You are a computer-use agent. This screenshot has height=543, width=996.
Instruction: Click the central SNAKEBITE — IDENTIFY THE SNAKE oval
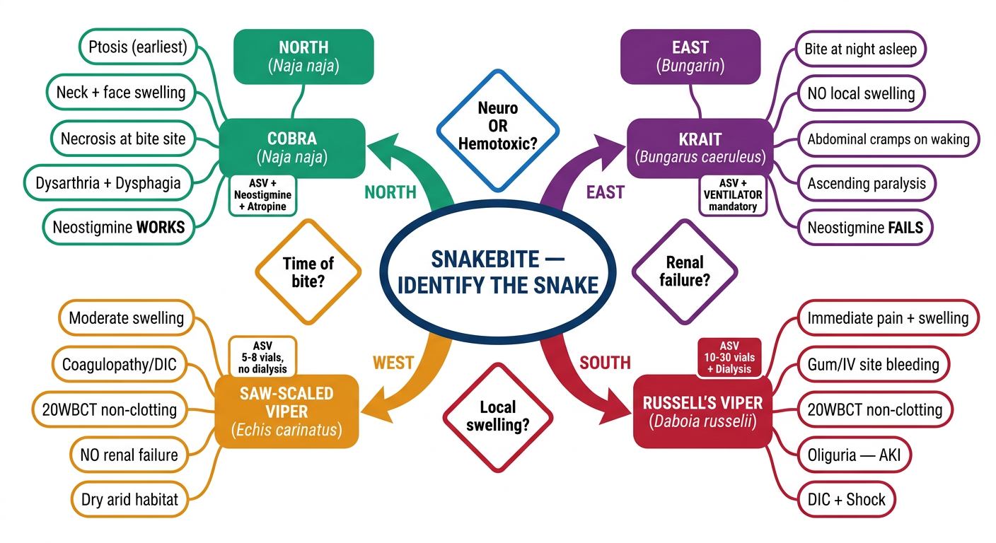[498, 272]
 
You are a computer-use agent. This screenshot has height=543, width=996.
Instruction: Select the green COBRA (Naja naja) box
[292, 148]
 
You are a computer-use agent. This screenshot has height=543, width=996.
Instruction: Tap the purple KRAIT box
[700, 148]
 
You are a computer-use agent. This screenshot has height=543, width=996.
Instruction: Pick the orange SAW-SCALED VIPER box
[286, 411]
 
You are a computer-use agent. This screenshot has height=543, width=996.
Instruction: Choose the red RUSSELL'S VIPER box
[702, 411]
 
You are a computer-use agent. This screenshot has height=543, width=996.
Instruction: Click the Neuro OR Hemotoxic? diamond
[498, 131]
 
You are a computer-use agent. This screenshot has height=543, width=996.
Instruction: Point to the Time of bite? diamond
[308, 272]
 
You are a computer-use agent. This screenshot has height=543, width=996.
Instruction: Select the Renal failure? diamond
[685, 272]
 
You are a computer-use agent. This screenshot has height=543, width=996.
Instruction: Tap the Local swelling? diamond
[498, 418]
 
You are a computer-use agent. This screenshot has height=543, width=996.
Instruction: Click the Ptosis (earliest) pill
[138, 47]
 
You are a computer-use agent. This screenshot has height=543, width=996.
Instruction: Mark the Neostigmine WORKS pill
[119, 227]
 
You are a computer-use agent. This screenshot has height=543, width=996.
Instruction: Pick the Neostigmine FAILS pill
[865, 228]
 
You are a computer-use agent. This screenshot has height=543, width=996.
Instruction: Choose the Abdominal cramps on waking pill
[888, 139]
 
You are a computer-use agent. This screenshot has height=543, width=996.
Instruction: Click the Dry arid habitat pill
[129, 499]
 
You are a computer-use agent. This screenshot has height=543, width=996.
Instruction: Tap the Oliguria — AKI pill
[854, 455]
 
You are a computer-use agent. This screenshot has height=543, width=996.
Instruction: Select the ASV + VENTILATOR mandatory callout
[733, 195]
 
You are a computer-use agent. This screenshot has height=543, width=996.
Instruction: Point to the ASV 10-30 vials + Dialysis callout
[729, 358]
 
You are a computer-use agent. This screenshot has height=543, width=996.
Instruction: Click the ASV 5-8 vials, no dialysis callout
[262, 357]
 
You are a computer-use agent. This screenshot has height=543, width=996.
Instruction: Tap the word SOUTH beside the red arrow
[605, 363]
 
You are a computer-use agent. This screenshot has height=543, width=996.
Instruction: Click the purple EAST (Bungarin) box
[690, 57]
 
